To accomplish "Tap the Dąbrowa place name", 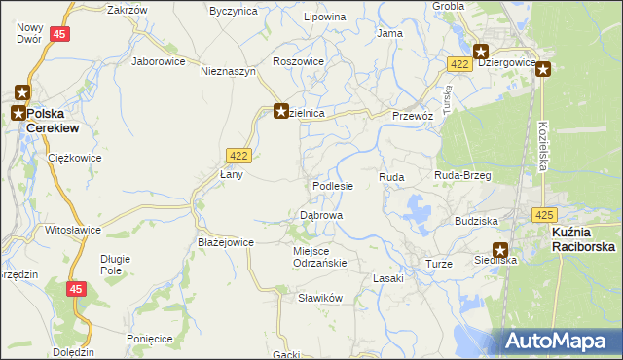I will pyautogui.click(x=320, y=214).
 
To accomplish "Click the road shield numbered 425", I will pyautogui.click(x=544, y=213).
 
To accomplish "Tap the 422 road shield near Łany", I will pyautogui.click(x=238, y=155).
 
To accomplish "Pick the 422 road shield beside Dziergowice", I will pyautogui.click(x=460, y=63).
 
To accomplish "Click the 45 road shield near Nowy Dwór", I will pyautogui.click(x=60, y=34).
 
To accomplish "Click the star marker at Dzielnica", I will pyautogui.click(x=281, y=112).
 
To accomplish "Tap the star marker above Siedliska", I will pyautogui.click(x=500, y=249).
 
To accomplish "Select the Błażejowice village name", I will pyautogui.click(x=226, y=242).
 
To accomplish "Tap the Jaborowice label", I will pyautogui.click(x=158, y=60).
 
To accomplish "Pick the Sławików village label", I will pyautogui.click(x=320, y=299).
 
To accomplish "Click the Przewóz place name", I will pyautogui.click(x=412, y=114).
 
